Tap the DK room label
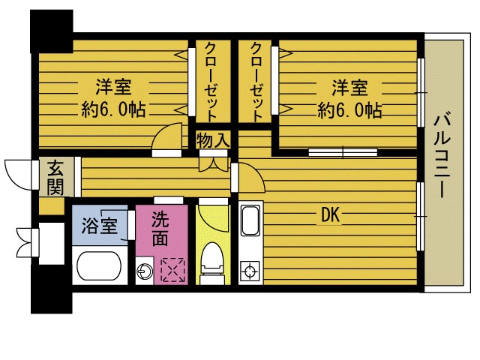331,216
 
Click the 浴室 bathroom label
99,224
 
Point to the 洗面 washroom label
160,229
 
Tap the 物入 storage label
214,140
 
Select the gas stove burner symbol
249,270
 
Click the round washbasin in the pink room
144,270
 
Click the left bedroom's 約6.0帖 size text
113,110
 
